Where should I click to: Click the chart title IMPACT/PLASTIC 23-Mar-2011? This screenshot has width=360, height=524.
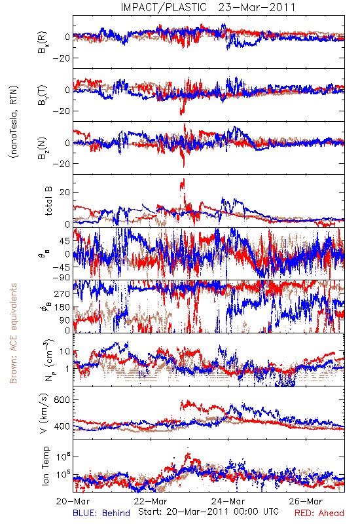(x=208, y=7)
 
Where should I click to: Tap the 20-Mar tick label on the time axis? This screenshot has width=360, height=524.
(x=73, y=501)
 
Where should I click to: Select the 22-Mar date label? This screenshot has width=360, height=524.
(x=151, y=501)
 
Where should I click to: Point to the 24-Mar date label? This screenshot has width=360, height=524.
(x=228, y=501)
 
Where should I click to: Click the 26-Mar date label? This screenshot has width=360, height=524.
(x=306, y=501)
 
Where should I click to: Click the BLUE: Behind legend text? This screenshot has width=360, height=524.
(x=101, y=513)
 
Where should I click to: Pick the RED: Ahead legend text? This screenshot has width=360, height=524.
(x=319, y=513)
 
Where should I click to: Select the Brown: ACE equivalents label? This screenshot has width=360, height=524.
(x=13, y=333)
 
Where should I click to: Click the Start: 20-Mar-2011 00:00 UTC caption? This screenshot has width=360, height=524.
(x=208, y=512)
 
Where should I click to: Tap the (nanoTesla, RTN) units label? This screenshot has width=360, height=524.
(x=13, y=121)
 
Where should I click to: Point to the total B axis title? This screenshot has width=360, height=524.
(x=48, y=201)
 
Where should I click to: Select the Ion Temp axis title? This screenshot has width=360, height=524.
(x=45, y=466)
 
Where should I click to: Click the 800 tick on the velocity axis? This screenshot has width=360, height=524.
(x=62, y=400)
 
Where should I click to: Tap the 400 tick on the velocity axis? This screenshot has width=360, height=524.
(x=62, y=426)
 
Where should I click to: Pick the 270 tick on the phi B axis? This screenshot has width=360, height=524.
(x=62, y=293)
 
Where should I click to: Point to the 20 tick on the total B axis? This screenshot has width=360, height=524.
(x=65, y=193)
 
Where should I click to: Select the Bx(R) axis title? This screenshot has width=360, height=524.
(x=43, y=43)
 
